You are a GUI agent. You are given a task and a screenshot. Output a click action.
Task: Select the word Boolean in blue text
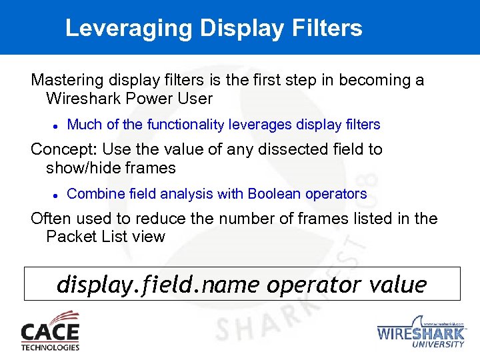(x=274, y=194)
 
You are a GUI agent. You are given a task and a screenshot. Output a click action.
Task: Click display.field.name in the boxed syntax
(x=159, y=285)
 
